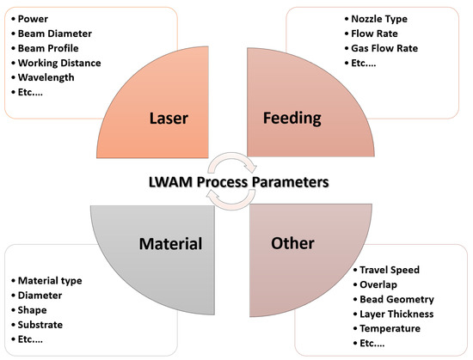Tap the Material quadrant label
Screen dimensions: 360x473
(170, 243)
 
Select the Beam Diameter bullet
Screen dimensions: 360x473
(51, 33)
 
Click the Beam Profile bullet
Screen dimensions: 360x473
(46, 47)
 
